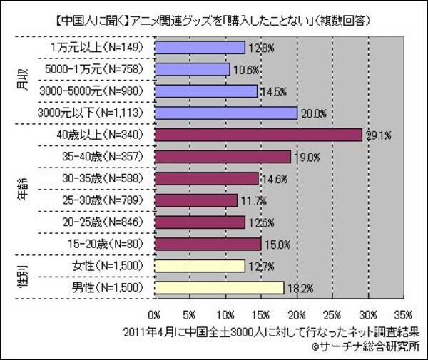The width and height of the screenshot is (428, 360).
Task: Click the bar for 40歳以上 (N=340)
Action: (x=258, y=135)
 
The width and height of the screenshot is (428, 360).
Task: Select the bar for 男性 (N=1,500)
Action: (x=218, y=288)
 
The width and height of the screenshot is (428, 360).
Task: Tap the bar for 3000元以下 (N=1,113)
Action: (x=225, y=113)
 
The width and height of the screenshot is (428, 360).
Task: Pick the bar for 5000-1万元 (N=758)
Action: (x=191, y=69)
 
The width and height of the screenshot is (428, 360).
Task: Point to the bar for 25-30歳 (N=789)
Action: (x=195, y=200)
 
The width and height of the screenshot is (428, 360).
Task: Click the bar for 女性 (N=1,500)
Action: (x=199, y=266)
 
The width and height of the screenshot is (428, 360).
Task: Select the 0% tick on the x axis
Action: (x=153, y=313)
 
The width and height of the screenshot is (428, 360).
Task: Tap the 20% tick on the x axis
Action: (x=296, y=313)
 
